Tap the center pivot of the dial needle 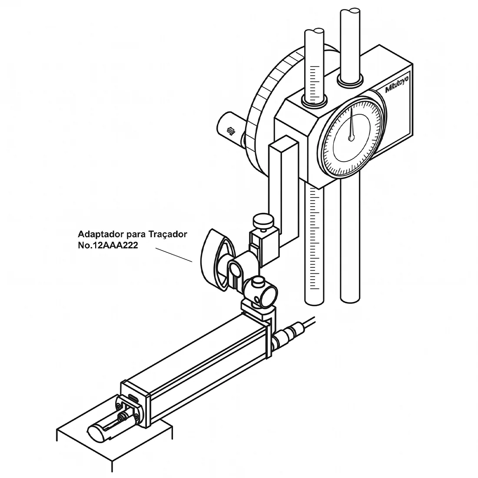[352, 138]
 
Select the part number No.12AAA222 [108, 245]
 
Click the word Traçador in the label [168, 234]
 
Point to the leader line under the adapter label [174, 255]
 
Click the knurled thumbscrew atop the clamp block [263, 221]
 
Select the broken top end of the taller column [351, 14]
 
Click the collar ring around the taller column [350, 80]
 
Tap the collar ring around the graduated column [314, 101]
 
